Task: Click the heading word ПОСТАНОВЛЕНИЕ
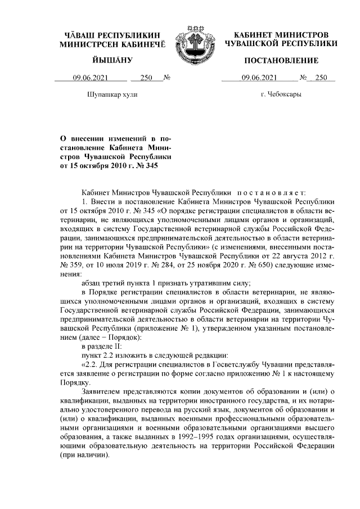click(281, 60)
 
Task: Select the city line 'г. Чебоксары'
click(281, 94)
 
